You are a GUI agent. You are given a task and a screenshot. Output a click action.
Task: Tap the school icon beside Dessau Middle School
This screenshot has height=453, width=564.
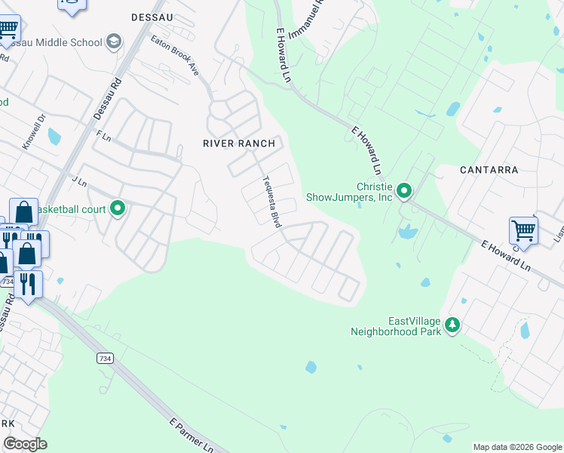coord(114,41)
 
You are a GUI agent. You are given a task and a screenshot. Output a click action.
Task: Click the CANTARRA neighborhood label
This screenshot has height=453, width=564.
coord(489,170)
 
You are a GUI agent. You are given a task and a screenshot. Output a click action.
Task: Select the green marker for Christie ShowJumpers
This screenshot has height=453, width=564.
coord(404,191)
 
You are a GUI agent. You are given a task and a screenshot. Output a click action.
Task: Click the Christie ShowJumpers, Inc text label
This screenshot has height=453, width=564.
coord(349,192)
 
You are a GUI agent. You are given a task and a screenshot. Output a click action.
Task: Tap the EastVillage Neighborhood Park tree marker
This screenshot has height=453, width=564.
coord(452,325)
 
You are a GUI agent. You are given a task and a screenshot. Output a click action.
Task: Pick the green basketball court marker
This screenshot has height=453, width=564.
coord(118,208)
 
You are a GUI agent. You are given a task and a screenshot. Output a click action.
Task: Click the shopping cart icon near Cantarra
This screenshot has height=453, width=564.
coord(523,230)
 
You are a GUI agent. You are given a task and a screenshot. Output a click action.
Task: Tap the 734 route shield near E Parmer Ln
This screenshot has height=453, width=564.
coord(105,358)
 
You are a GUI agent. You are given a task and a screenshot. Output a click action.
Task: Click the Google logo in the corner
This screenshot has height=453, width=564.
coord(25,443)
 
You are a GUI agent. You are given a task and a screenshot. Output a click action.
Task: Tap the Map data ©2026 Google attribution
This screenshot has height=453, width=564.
coord(517,447)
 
